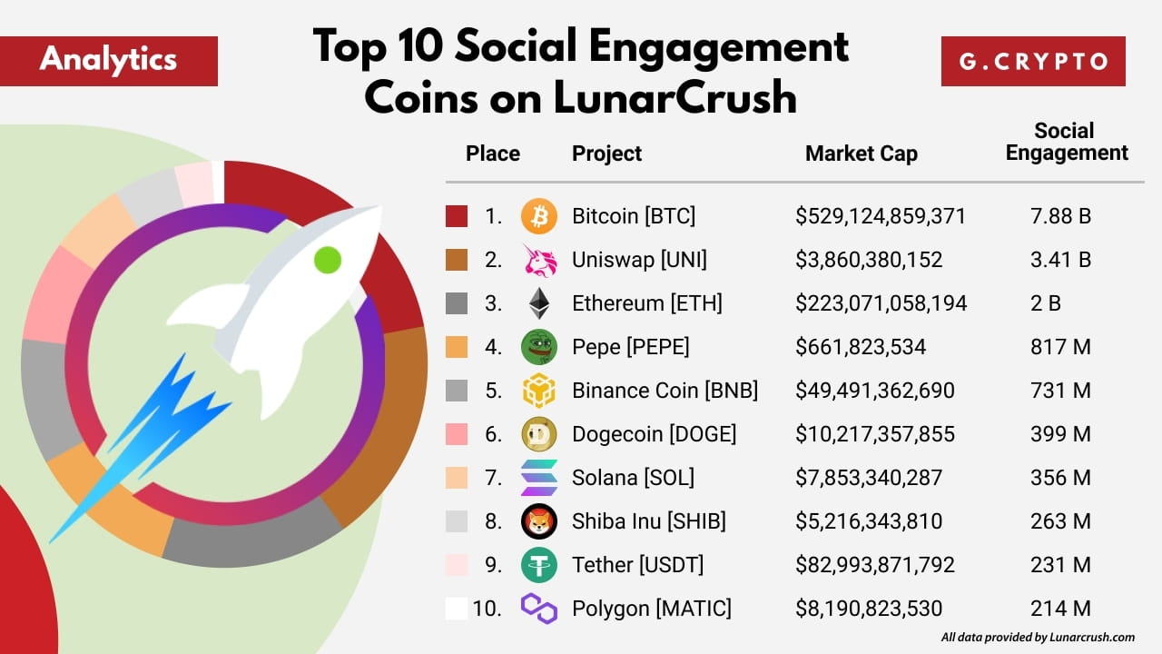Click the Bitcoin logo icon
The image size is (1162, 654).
539,216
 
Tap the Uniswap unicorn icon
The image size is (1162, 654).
539,260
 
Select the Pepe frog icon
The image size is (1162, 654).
539,347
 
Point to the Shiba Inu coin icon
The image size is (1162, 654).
539,521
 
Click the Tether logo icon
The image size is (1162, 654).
539,565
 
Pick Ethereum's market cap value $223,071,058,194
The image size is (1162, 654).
881,303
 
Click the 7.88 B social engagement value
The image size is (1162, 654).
1060,216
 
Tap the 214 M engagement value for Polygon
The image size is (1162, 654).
1060,609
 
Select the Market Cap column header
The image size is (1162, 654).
861,154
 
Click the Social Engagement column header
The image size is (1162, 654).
1066,142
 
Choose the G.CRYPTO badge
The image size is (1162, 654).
1033,61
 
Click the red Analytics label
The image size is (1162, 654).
109,61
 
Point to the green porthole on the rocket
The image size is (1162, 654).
327,260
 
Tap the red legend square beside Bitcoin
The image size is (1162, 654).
457,216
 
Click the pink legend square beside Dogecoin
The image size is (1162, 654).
457,434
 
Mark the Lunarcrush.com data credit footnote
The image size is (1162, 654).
1038,638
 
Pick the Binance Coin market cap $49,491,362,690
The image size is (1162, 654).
874,391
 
